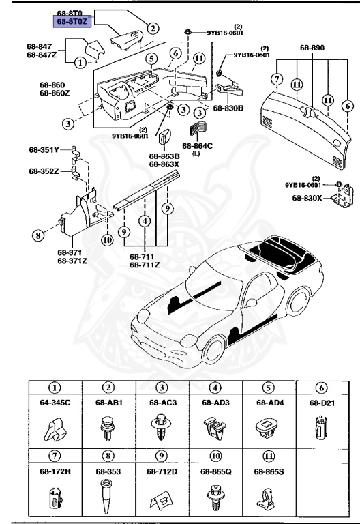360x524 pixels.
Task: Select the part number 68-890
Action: click(x=313, y=48)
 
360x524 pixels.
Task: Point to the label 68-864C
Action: click(x=197, y=146)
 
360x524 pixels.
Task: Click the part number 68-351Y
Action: click(x=44, y=149)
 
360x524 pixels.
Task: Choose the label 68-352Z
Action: click(x=44, y=171)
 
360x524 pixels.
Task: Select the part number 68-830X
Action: click(x=307, y=198)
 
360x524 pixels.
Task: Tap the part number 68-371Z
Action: click(x=71, y=260)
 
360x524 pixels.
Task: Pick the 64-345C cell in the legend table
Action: click(x=55, y=412)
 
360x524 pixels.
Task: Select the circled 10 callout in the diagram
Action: click(x=106, y=239)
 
